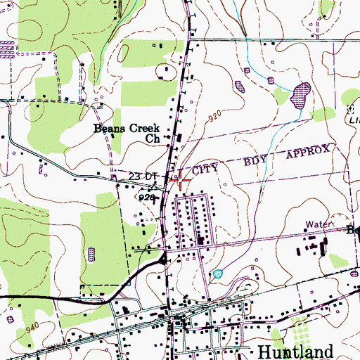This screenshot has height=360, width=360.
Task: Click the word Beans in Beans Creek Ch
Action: point(112,129)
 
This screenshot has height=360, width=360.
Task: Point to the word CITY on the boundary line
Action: point(207,168)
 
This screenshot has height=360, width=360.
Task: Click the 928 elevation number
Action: point(146,198)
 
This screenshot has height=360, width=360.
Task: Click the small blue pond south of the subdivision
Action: point(217,273)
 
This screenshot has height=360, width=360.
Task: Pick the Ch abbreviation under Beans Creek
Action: point(153,139)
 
